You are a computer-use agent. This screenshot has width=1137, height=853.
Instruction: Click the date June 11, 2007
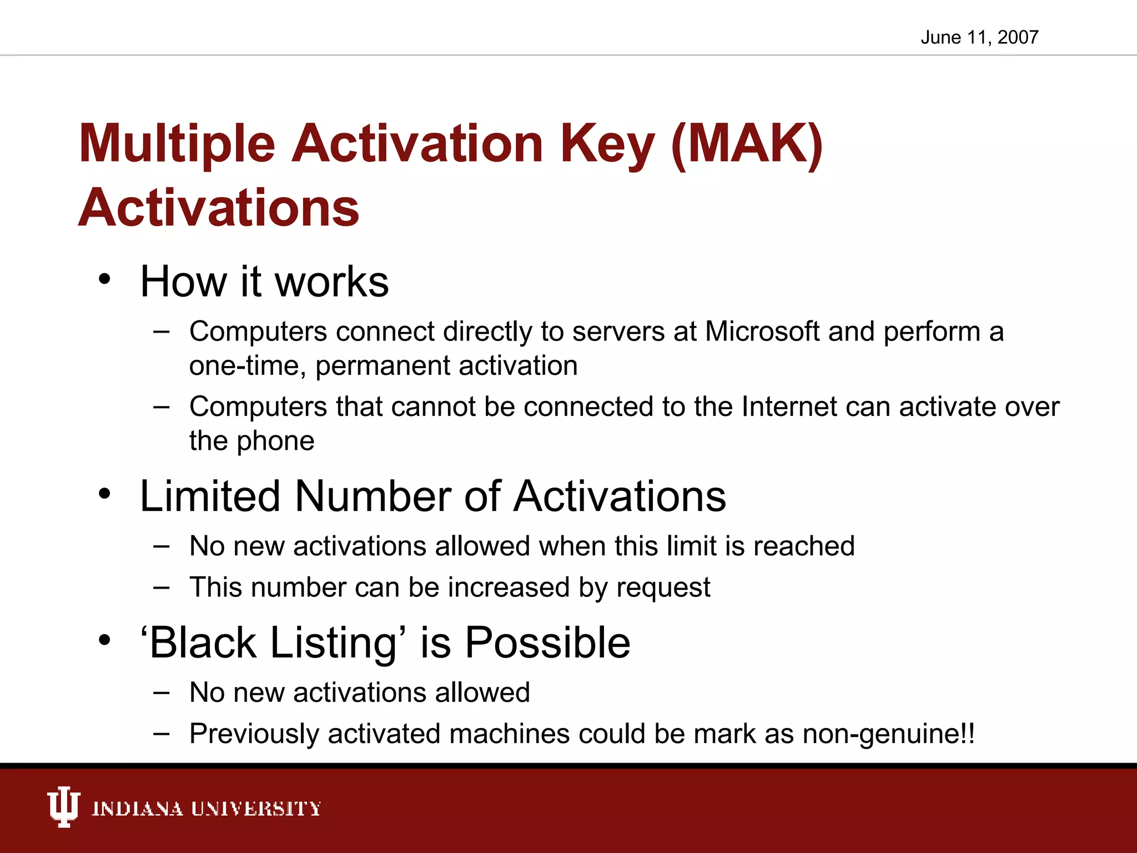point(979,37)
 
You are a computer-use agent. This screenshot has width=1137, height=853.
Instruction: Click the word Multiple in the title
point(177,144)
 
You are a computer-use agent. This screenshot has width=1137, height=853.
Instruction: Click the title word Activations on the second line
point(219,208)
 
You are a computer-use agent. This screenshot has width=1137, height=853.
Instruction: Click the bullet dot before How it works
point(105,279)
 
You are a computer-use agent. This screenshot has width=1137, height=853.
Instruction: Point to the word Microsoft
point(762,332)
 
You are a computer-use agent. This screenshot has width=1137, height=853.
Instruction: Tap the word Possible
point(547,643)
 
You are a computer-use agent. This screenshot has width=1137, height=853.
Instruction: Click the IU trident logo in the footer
point(63,807)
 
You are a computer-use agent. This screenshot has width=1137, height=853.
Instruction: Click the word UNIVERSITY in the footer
point(256,809)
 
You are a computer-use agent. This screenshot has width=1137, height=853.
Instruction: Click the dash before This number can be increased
point(162,588)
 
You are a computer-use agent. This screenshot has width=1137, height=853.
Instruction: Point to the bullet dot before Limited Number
point(105,494)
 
